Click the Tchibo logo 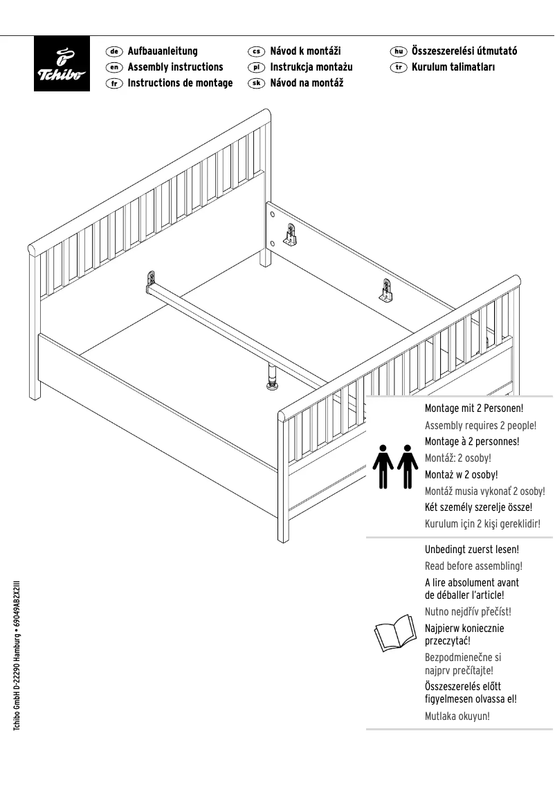click(62, 64)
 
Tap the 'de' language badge click(114, 51)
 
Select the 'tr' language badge click(398, 67)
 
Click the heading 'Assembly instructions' click(175, 67)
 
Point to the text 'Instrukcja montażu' click(311, 67)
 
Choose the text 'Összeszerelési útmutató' click(464, 51)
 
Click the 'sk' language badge click(256, 83)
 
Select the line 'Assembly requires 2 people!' click(480, 425)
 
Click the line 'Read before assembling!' click(473, 566)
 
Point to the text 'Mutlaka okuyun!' click(457, 716)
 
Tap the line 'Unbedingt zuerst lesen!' click(471, 550)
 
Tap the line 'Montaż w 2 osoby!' click(461, 475)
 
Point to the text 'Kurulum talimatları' click(453, 67)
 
